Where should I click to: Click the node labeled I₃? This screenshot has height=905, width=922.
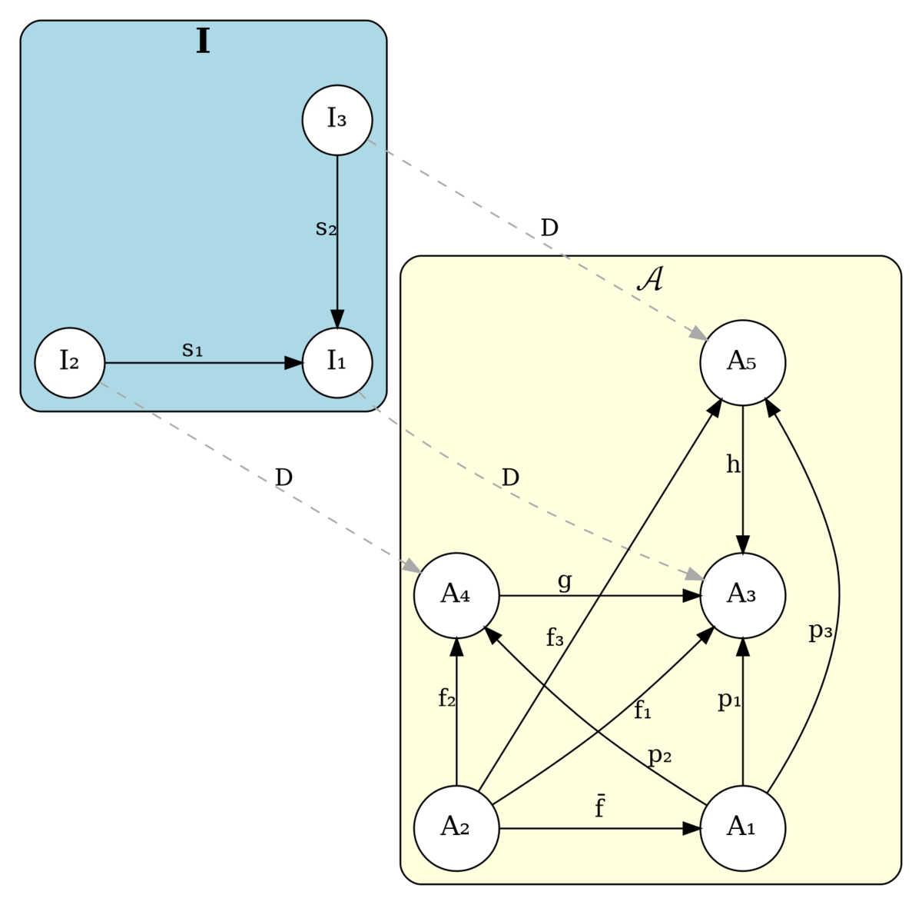(337, 120)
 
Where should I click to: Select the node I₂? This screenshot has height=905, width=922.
(69, 362)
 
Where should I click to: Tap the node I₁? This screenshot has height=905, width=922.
(337, 362)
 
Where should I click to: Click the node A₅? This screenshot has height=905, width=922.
(742, 362)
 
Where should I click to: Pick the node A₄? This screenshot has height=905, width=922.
(456, 596)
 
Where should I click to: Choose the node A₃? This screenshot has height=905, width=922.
(742, 596)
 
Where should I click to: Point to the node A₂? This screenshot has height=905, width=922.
(456, 828)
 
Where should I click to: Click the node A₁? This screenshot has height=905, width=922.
(742, 828)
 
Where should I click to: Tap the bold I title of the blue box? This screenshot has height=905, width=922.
(204, 42)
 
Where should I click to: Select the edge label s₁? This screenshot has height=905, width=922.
(192, 350)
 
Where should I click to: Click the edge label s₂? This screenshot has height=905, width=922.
(327, 229)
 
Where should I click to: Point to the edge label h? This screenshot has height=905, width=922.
(733, 464)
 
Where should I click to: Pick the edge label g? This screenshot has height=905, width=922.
(565, 581)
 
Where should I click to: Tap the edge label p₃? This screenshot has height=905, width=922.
(821, 631)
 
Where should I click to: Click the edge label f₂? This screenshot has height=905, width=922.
(447, 697)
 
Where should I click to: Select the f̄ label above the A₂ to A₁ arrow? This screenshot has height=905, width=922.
(600, 806)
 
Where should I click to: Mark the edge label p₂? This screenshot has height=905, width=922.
(660, 756)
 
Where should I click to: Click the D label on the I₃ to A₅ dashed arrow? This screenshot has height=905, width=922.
(549, 228)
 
